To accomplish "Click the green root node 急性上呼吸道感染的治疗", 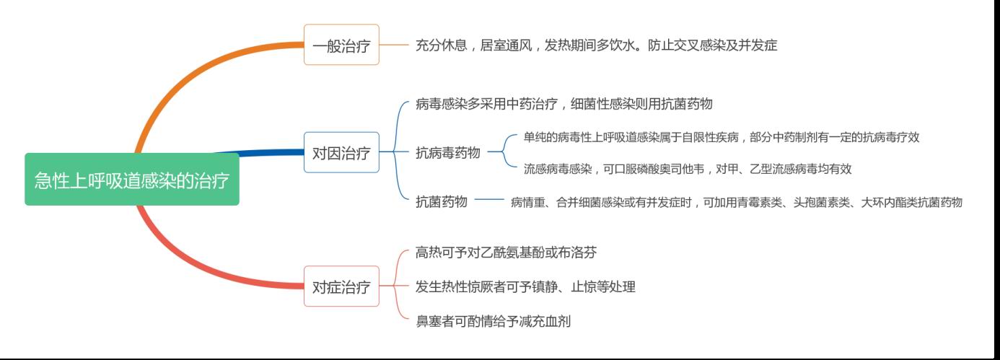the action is click(132, 180).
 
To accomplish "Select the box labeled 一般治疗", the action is click(341, 45).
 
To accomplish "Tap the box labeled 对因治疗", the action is click(341, 152).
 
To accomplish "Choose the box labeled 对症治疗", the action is click(341, 286).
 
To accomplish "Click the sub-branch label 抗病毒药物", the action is click(448, 153).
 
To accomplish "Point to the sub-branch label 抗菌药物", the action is click(442, 201).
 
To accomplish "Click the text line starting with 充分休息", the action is click(597, 45).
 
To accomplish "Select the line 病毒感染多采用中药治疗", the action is click(563, 104).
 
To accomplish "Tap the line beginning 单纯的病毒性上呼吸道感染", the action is click(722, 137).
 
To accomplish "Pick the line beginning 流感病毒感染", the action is click(688, 169).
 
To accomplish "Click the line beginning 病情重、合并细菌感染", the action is click(737, 202).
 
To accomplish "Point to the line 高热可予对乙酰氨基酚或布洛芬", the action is click(506, 253).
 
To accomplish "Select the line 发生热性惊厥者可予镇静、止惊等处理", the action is click(525, 286).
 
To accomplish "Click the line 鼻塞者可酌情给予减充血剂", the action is click(493, 321).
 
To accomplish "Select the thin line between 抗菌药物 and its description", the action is click(489, 199).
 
